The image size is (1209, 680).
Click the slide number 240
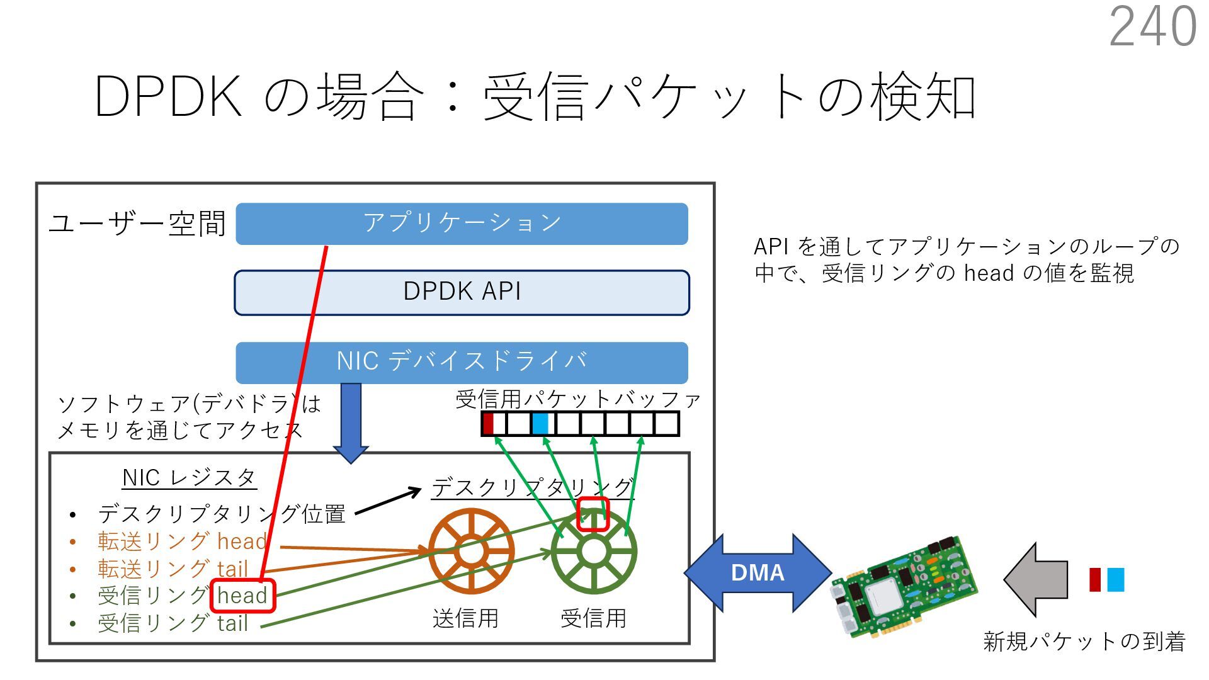(x=1152, y=26)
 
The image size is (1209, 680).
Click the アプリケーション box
(x=462, y=224)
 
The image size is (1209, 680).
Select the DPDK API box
(x=462, y=292)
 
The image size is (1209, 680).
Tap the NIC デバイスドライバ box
(x=462, y=362)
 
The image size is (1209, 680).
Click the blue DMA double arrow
(x=758, y=572)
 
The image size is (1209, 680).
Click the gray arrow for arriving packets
(x=1036, y=579)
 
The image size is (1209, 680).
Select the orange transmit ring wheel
(x=470, y=552)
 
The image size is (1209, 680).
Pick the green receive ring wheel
(x=593, y=552)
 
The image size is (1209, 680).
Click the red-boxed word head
(x=242, y=596)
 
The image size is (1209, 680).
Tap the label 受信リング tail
(x=173, y=623)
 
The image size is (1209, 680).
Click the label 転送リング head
(x=183, y=541)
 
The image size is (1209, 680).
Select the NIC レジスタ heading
(x=189, y=478)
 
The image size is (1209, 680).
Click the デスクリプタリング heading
(x=532, y=488)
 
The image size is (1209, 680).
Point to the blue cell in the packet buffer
(x=540, y=424)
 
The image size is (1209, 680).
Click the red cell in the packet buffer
(x=487, y=424)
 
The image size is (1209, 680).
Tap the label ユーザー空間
(x=137, y=224)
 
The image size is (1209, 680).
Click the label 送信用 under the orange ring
(x=465, y=618)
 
